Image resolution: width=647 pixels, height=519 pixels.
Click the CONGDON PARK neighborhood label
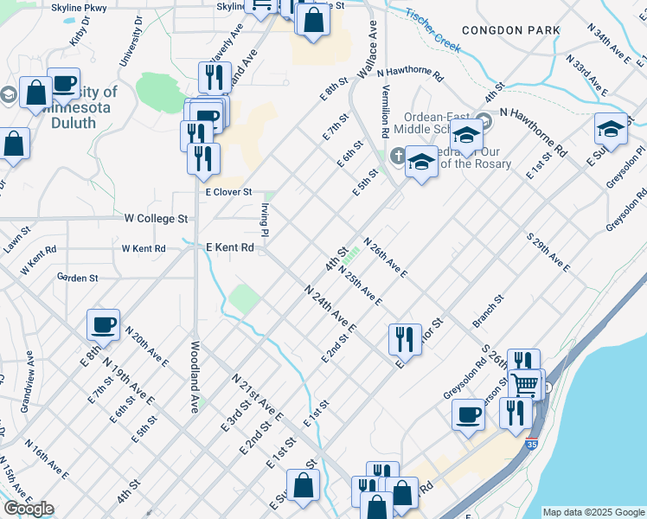pos(510,30)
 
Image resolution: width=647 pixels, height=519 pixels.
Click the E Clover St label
pos(227,192)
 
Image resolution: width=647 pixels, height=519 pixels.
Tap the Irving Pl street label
pos(263,217)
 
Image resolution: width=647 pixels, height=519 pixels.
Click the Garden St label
pos(77,278)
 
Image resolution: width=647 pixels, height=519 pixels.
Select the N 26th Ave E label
pos(385,258)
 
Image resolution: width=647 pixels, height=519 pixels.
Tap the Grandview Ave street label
pos(29,380)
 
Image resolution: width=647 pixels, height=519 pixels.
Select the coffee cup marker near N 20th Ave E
pos(103,325)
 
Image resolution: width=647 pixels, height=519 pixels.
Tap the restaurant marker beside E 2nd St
pos(405,340)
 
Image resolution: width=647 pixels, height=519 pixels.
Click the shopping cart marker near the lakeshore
pos(524,383)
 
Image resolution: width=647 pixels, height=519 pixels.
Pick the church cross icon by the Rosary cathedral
pos(396,156)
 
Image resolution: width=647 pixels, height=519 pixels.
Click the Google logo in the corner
pos(28,509)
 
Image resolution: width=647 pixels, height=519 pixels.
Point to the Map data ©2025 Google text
pos(593,512)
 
